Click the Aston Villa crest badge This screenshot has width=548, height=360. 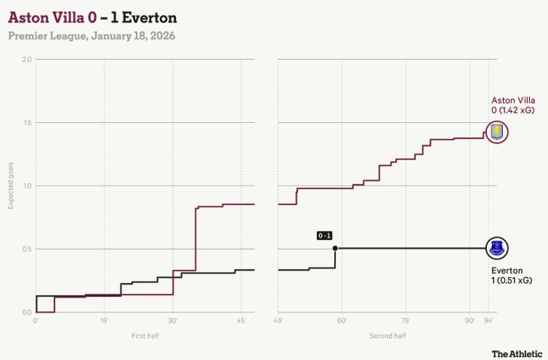pos(497,132)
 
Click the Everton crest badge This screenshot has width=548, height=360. pos(497,248)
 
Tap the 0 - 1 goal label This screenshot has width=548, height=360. pos(324,236)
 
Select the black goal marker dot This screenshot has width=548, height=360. pos(335,248)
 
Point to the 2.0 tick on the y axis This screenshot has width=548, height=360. pos(26,59)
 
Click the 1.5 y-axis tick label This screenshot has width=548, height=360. pos(26,122)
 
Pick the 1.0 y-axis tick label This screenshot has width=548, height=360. pos(26,185)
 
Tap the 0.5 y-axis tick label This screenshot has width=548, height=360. pos(26,249)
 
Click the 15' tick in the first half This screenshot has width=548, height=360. pos(104,321)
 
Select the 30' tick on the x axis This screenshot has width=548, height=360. pos(172,321)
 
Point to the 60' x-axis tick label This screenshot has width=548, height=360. pos(342,321)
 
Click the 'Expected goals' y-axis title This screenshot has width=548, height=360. pos(11,186)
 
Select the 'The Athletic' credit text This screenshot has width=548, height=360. pos(515,353)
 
